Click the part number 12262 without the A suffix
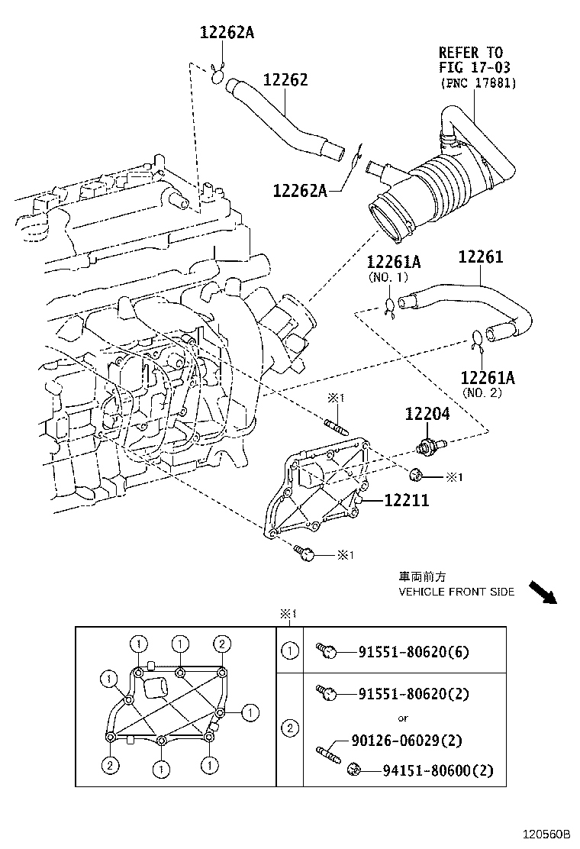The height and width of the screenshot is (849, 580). pos(285,79)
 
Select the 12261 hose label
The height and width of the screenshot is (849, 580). pos(481,257)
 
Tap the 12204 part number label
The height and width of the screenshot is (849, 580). pos(427,414)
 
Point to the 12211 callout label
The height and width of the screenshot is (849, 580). pos(406,501)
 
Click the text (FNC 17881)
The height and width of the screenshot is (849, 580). pos(477,83)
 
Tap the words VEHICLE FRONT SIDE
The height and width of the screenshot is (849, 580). pos(456,592)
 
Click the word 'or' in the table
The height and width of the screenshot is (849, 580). pos(403,718)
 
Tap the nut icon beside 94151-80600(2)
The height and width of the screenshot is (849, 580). pos(354,768)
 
